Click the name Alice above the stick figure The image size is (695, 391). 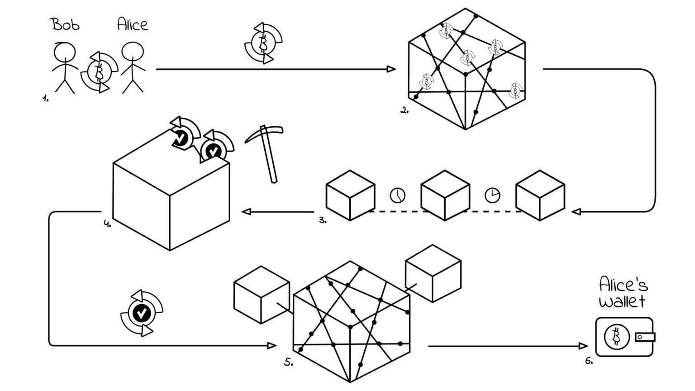pyautogui.click(x=132, y=24)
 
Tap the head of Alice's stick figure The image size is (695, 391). pyautogui.click(x=132, y=52)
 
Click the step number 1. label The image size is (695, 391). pyautogui.click(x=45, y=98)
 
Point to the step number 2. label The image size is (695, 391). pyautogui.click(x=405, y=110)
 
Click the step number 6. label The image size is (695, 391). pyautogui.click(x=589, y=361)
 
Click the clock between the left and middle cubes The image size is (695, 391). pyautogui.click(x=397, y=195)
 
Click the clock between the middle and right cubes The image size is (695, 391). pyautogui.click(x=492, y=195)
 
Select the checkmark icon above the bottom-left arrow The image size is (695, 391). pyautogui.click(x=142, y=313)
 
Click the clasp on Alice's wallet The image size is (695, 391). pyautogui.click(x=644, y=337)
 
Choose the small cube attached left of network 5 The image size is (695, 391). pyautogui.click(x=262, y=295)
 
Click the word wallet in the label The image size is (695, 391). pyautogui.click(x=622, y=301)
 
